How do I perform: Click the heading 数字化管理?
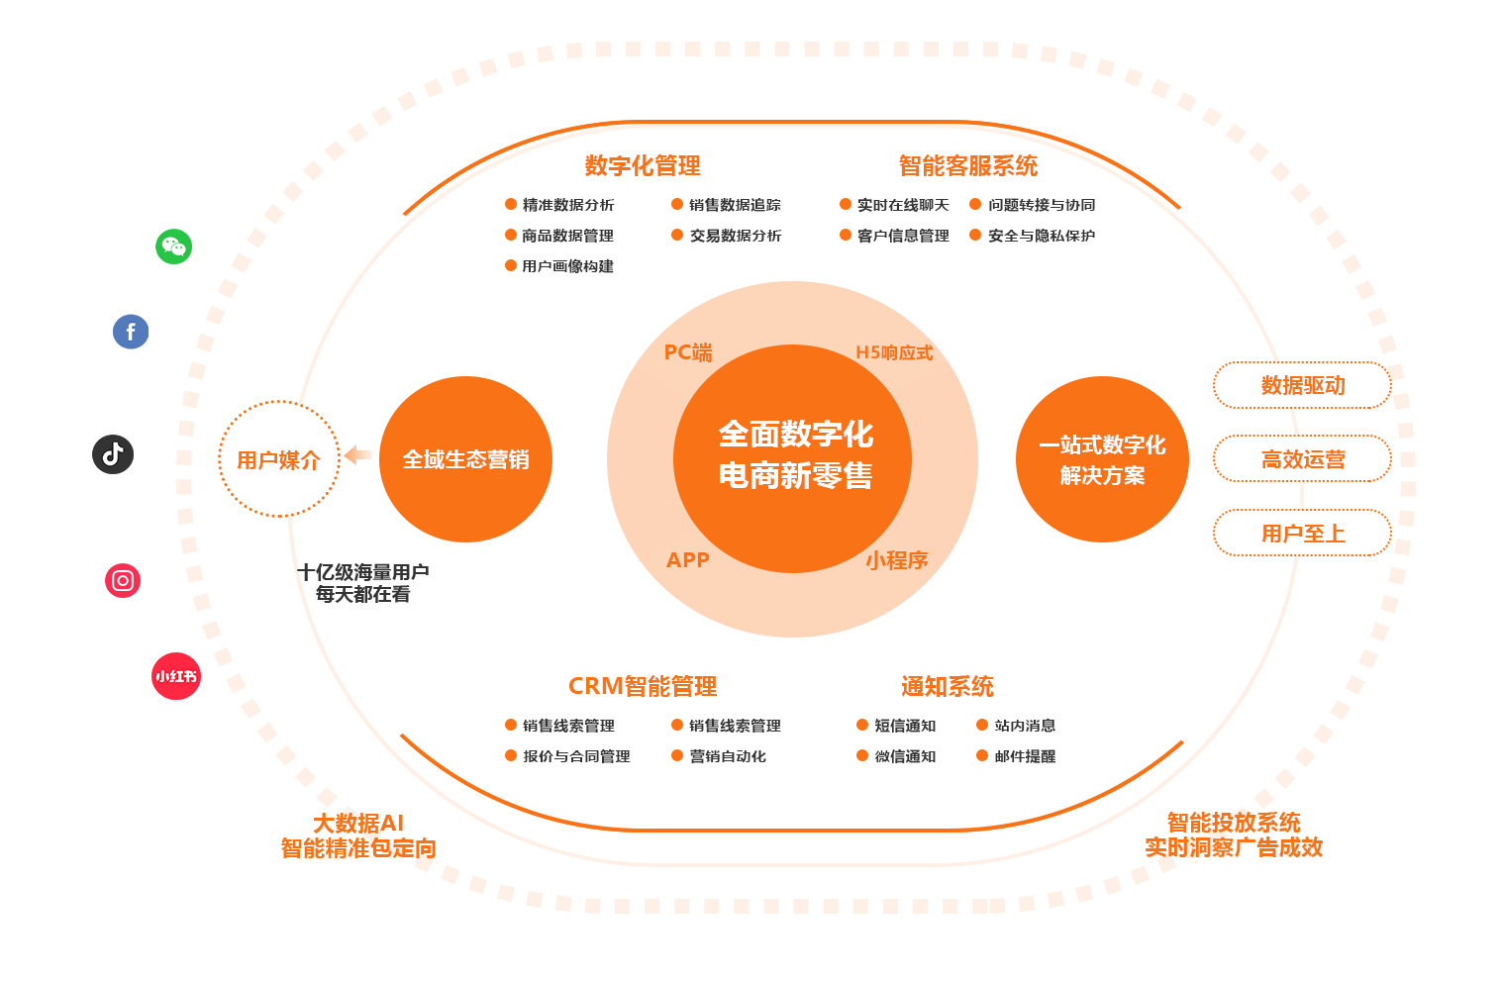(x=643, y=166)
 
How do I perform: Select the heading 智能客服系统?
(x=967, y=166)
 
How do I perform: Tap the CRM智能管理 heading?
(x=643, y=687)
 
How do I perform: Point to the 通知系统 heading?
(x=947, y=687)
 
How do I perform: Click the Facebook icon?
(x=131, y=332)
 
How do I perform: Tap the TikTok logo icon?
(x=113, y=454)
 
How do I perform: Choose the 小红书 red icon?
(x=176, y=676)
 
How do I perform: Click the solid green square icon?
(x=173, y=246)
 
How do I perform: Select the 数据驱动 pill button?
(x=1302, y=385)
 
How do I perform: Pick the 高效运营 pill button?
(x=1302, y=459)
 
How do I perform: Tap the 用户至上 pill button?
(x=1302, y=534)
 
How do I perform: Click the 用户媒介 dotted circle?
(x=278, y=459)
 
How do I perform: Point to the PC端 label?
(x=688, y=352)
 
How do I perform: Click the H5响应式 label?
(x=894, y=352)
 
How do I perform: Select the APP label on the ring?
(x=688, y=560)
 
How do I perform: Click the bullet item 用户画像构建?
(x=567, y=266)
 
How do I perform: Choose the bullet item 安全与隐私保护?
(x=1041, y=236)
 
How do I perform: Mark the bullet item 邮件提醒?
(x=1025, y=756)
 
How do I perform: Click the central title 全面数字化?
(x=796, y=434)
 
